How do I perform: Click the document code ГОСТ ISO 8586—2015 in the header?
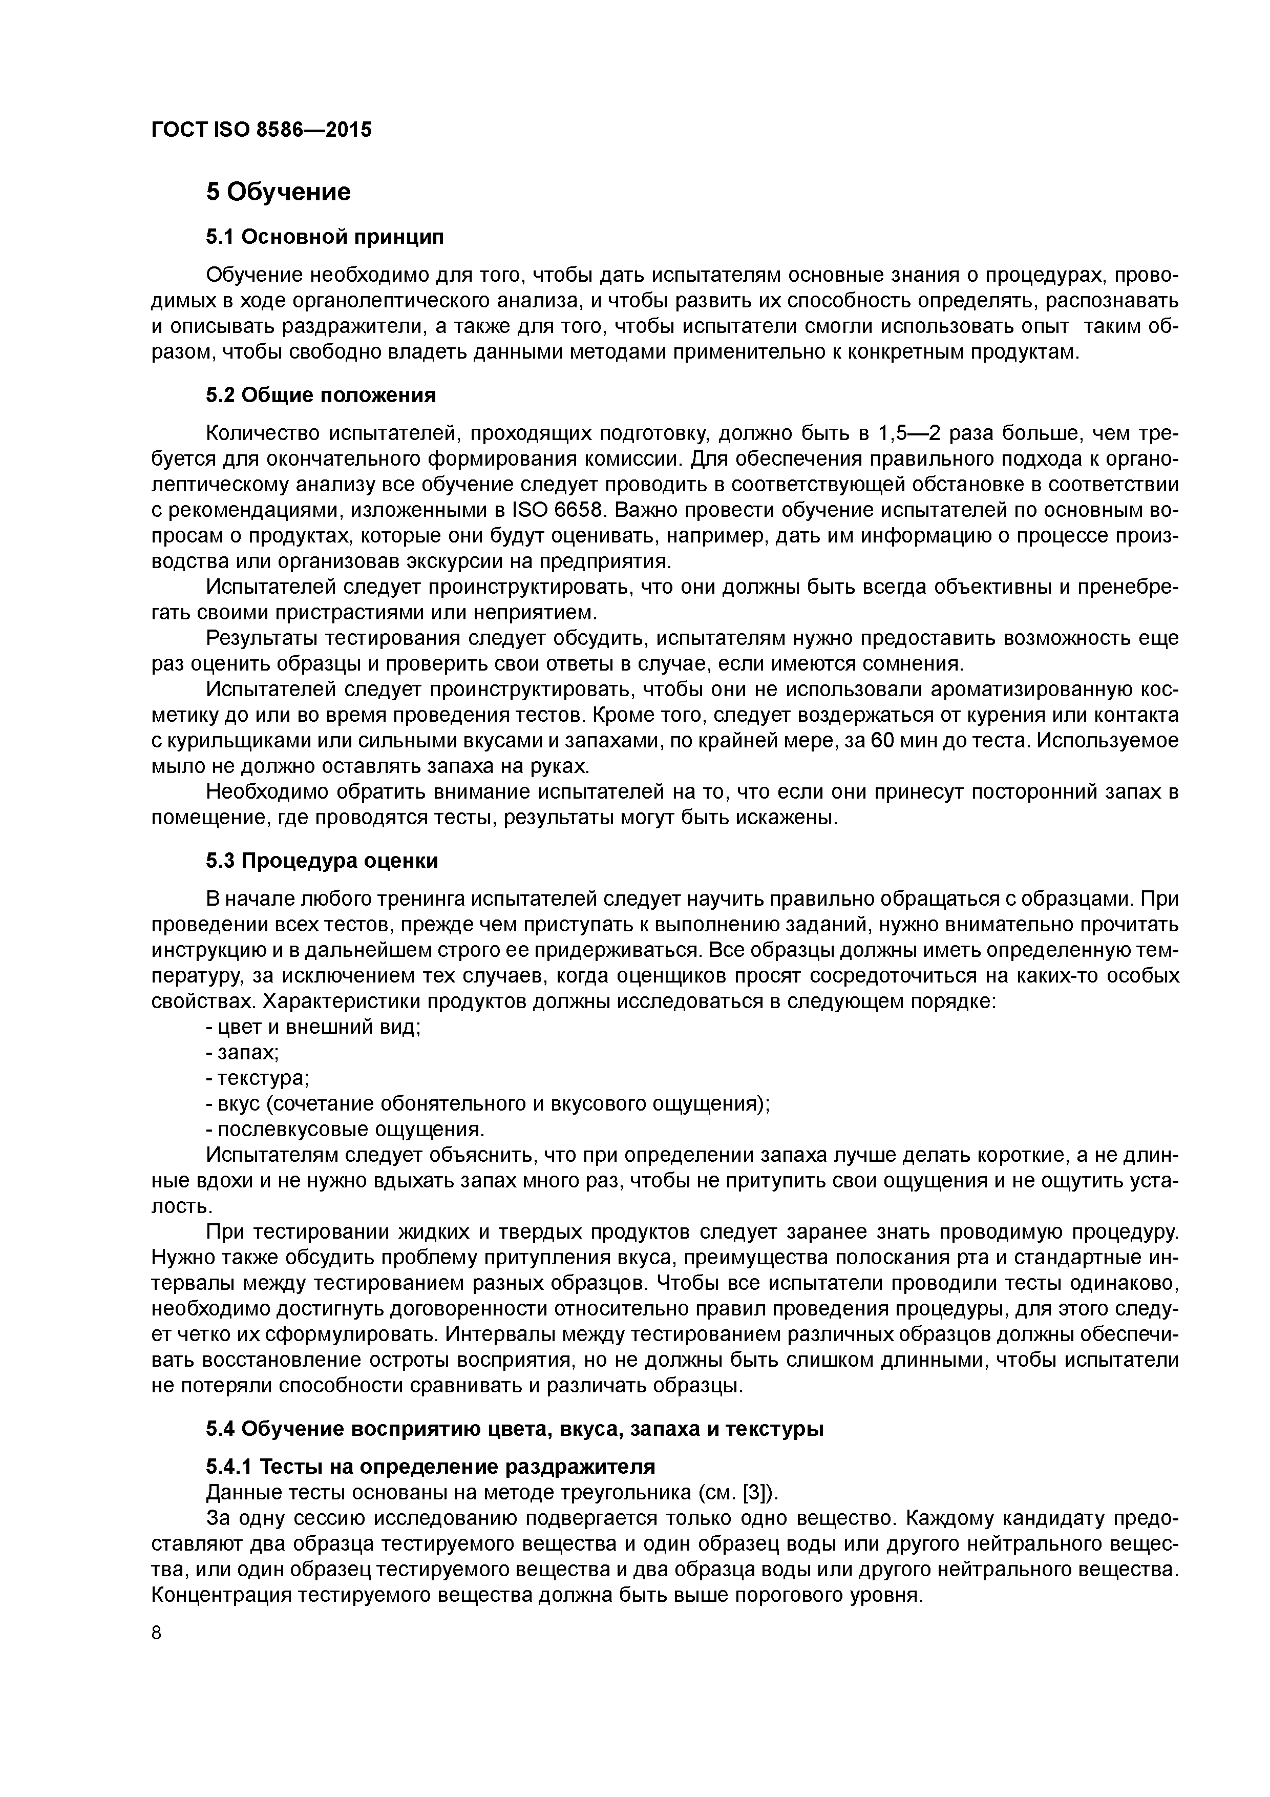click(x=261, y=129)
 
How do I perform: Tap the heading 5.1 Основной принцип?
click(x=324, y=236)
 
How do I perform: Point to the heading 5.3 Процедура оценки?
click(x=322, y=861)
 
